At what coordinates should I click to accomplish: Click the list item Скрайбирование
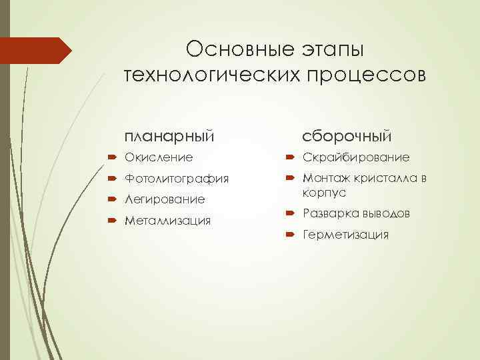coord(356,158)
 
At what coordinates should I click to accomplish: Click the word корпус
coord(325,193)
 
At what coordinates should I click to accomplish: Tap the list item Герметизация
coord(345,235)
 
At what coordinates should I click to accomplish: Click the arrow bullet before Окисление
coord(111,158)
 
